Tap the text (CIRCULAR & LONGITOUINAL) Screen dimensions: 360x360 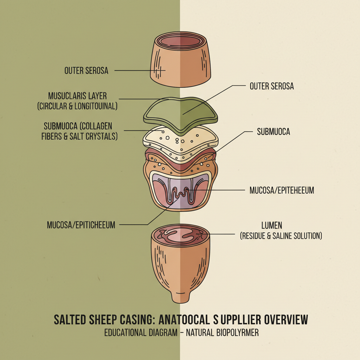(77, 106)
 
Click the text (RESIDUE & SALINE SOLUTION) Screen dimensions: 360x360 (281, 236)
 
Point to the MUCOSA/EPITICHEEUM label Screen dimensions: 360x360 (81, 225)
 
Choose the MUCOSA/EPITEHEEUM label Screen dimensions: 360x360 (282, 190)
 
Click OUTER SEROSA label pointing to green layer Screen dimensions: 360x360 (271, 86)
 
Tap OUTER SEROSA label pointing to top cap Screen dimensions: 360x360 (86, 70)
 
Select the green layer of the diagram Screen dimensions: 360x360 (180, 112)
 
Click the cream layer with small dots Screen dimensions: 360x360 (180, 142)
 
